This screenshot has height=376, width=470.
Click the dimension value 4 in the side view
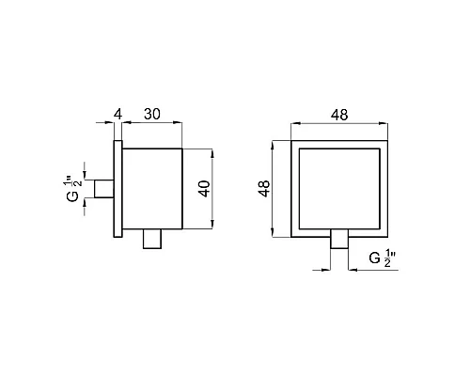point(117,115)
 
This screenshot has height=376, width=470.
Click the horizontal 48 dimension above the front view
point(340,115)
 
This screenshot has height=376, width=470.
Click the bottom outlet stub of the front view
point(340,241)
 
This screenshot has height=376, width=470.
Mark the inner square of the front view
point(340,188)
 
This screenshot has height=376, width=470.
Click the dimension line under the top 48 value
point(340,125)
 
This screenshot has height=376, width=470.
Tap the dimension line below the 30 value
point(150,125)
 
